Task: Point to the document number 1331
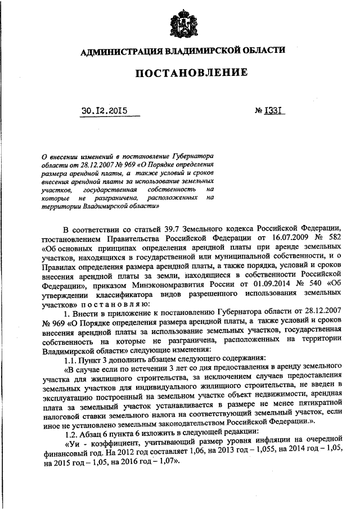(274, 110)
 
